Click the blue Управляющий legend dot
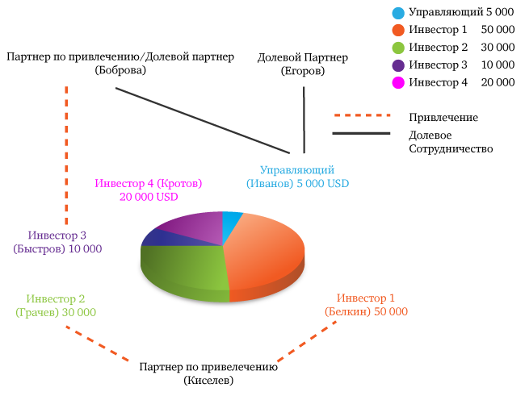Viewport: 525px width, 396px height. pyautogui.click(x=398, y=13)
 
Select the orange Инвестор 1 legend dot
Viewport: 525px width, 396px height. pyautogui.click(x=398, y=30)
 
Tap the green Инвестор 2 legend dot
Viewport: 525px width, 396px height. pyautogui.click(x=398, y=48)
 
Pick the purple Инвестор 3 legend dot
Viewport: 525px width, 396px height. pyautogui.click(x=398, y=65)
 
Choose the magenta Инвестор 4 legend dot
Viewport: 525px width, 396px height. pyautogui.click(x=398, y=82)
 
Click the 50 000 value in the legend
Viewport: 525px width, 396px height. pyautogui.click(x=498, y=29)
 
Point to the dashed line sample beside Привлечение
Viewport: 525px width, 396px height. pyautogui.click(x=363, y=115)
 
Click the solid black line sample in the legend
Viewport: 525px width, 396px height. pyautogui.click(x=361, y=133)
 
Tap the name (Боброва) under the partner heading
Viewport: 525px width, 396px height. pyautogui.click(x=120, y=70)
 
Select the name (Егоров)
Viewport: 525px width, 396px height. pyautogui.click(x=303, y=71)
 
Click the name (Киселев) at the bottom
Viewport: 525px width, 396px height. pyautogui.click(x=208, y=381)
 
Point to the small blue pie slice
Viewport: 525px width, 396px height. pyautogui.click(x=231, y=223)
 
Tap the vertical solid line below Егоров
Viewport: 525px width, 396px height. pyautogui.click(x=304, y=120)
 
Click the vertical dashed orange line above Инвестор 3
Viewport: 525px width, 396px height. pyautogui.click(x=66, y=155)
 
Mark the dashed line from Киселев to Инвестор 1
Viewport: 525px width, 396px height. pyautogui.click(x=307, y=341)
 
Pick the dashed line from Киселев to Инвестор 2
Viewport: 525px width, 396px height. pyautogui.click(x=97, y=343)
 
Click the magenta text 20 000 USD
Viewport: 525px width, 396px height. pyautogui.click(x=149, y=197)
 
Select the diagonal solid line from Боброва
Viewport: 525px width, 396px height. pyautogui.click(x=203, y=120)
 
